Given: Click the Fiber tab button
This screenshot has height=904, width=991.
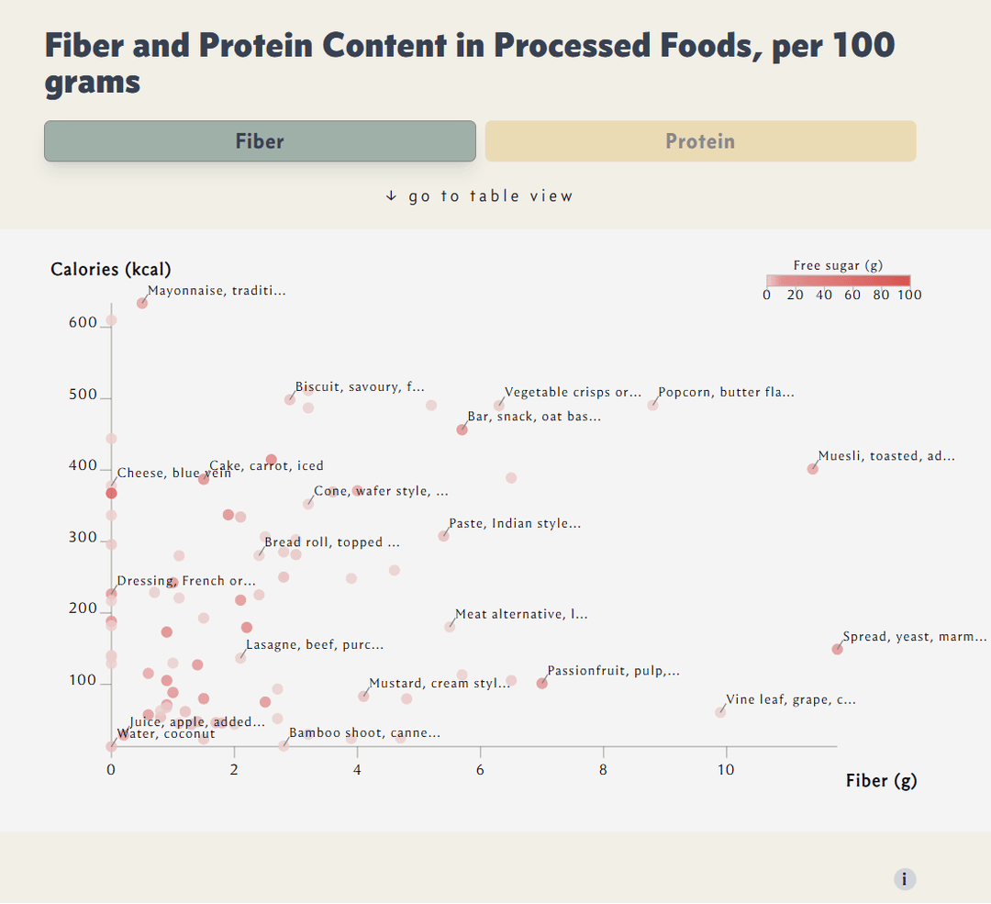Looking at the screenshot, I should point(260,141).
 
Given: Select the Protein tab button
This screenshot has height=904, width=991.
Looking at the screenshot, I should point(700,141).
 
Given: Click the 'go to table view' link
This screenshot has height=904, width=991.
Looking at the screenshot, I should point(479,195).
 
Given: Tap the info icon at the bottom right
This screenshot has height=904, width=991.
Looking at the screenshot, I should point(905,879).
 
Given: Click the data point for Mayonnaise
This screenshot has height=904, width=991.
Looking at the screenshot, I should point(142,303).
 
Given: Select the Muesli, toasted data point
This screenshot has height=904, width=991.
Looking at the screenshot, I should point(812,469).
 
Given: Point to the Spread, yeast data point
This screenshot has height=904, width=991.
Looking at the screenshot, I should point(837,649).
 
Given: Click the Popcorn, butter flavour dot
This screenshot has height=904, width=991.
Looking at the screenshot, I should point(653,405).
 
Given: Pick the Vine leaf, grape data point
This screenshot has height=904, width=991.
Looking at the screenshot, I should point(720,712).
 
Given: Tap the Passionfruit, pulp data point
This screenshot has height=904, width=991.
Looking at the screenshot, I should point(542,683).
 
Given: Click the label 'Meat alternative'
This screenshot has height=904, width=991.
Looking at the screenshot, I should point(521,614).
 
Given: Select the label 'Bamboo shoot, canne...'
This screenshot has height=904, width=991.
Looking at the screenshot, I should point(364,733).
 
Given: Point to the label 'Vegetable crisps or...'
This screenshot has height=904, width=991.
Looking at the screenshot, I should point(573,393).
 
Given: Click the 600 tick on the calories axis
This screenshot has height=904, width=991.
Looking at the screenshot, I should point(83,323).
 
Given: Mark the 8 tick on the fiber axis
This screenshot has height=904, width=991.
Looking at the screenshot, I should point(604,770).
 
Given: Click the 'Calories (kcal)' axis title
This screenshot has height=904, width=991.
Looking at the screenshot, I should point(111,269).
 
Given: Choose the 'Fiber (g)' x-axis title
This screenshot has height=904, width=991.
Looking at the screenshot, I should point(881,780).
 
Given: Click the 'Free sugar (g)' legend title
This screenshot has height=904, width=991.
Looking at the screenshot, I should point(838,265).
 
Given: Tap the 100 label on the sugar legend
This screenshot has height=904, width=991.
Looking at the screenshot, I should point(910,295).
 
